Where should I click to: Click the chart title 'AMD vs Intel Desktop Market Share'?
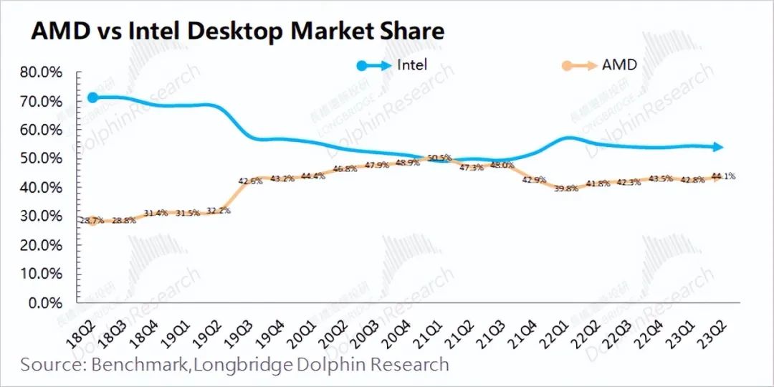tap(236, 32)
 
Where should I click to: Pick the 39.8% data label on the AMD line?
tap(566, 189)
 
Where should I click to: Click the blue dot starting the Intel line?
tap(92, 97)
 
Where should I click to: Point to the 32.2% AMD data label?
tap(218, 211)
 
